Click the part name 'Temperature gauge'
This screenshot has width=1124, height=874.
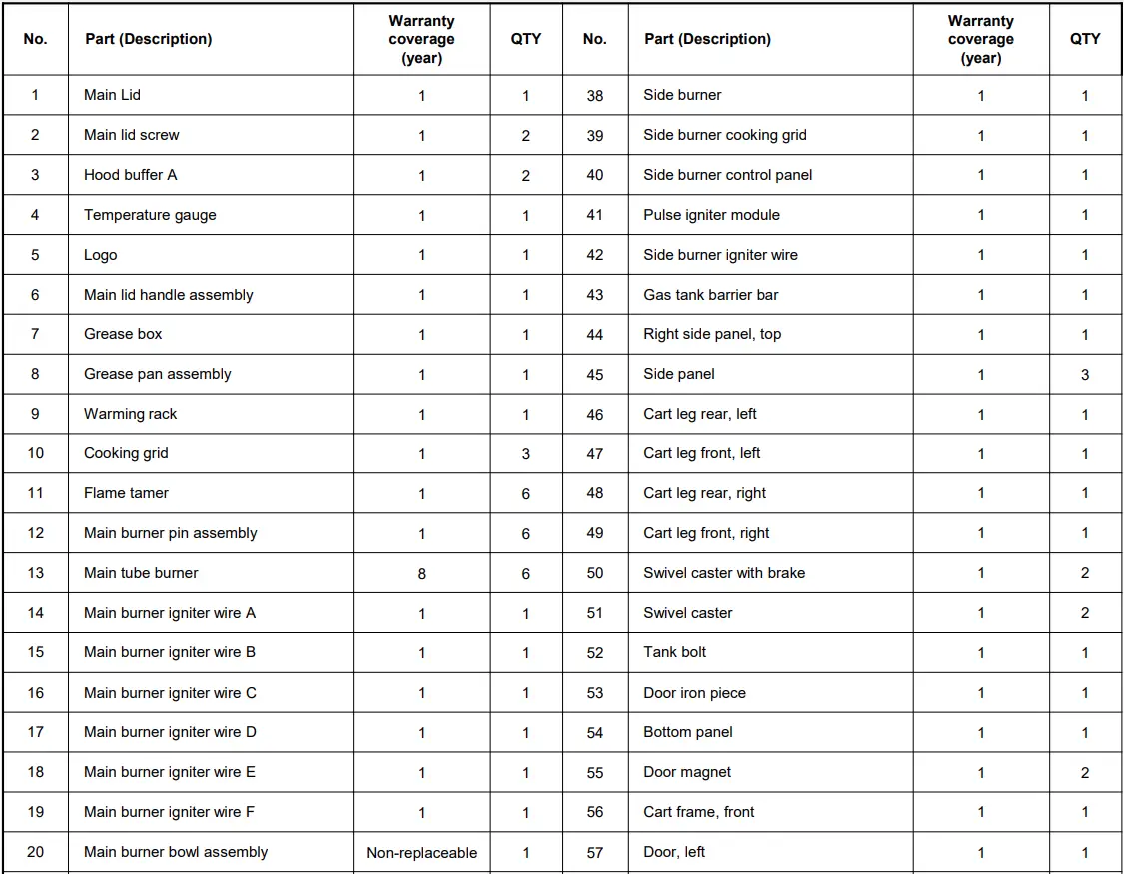[x=150, y=215]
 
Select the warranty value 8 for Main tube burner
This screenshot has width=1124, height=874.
[x=421, y=573]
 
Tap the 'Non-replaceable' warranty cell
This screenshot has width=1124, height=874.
[x=421, y=853]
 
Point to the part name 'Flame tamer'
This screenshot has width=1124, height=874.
[x=126, y=493]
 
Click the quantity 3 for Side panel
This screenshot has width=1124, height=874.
[x=1085, y=375]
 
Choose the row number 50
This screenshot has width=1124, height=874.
[x=595, y=573]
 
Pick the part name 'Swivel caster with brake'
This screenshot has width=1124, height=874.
[x=724, y=573]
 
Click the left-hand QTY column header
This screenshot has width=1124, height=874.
[x=526, y=39]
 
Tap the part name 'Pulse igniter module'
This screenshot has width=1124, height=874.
[x=711, y=215]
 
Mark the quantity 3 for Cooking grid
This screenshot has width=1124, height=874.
[x=526, y=454]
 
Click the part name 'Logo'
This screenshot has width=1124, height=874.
[x=100, y=255]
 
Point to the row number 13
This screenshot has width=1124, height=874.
[x=36, y=573]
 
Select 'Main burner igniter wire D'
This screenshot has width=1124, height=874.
[x=170, y=732]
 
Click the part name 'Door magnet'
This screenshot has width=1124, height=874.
[x=687, y=772]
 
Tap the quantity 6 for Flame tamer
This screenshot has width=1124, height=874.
[x=526, y=494]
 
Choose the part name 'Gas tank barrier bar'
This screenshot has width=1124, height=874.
[x=710, y=295]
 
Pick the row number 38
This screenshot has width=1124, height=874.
[x=595, y=96]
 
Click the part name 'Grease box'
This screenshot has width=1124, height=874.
[x=123, y=334]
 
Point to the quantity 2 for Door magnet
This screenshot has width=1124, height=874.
[x=1085, y=773]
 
